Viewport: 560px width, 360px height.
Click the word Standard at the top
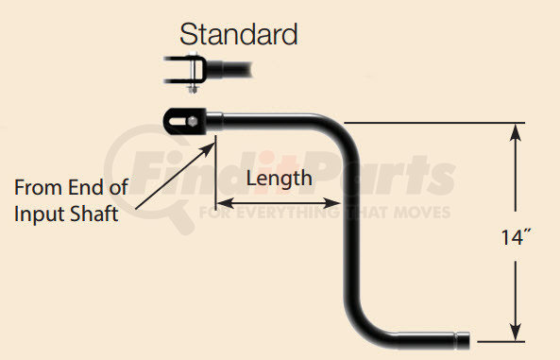coord(239,35)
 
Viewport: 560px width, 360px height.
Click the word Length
coord(279,177)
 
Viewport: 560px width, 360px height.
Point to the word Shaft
coord(94,214)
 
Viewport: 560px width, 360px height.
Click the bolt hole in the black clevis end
coord(185,122)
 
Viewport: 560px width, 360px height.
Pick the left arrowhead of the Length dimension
coord(223,201)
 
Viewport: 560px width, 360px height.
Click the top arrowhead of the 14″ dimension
coord(515,131)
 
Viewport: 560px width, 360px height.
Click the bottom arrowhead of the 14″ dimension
coord(515,332)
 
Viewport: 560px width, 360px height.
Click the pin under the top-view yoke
coord(191,90)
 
